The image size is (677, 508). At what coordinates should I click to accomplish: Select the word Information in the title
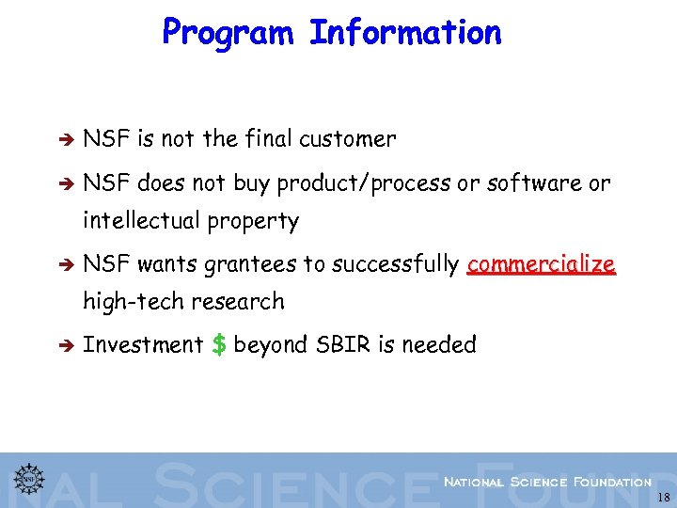pos(405,33)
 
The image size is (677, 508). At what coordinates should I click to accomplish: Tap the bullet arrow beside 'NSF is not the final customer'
pos(67,140)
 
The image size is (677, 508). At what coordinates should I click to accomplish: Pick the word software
pos(534,183)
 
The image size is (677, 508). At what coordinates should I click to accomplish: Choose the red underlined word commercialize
pos(541,264)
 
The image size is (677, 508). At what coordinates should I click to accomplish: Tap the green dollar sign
pos(218,345)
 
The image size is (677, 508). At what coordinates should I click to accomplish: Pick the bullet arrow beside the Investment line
pos(67,346)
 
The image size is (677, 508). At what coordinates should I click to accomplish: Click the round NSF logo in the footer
pos(29,477)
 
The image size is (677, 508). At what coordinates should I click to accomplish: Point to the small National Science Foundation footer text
pos(546,482)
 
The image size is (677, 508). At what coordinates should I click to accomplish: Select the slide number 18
pos(664,497)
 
